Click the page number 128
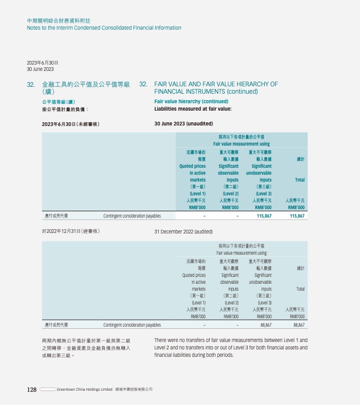coord(32,390)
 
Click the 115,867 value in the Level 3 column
coord(263,216)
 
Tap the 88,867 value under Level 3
coord(265,325)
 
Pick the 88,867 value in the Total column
coord(298,325)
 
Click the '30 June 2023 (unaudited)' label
coord(183,124)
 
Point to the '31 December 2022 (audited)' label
coord(183,231)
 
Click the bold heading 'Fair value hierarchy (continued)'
coord(191,101)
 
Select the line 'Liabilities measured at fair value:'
coord(193,109)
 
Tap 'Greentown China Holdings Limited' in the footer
coord(85,390)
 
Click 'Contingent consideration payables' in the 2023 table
coord(132,216)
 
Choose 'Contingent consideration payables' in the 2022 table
coord(132,325)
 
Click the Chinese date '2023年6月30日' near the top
coord(42,62)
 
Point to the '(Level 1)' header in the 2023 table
coord(197,194)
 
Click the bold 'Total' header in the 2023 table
coord(300,180)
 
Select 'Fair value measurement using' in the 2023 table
coord(241,144)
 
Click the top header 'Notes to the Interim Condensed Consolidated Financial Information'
coord(104,28)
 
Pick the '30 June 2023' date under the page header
coord(40,69)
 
